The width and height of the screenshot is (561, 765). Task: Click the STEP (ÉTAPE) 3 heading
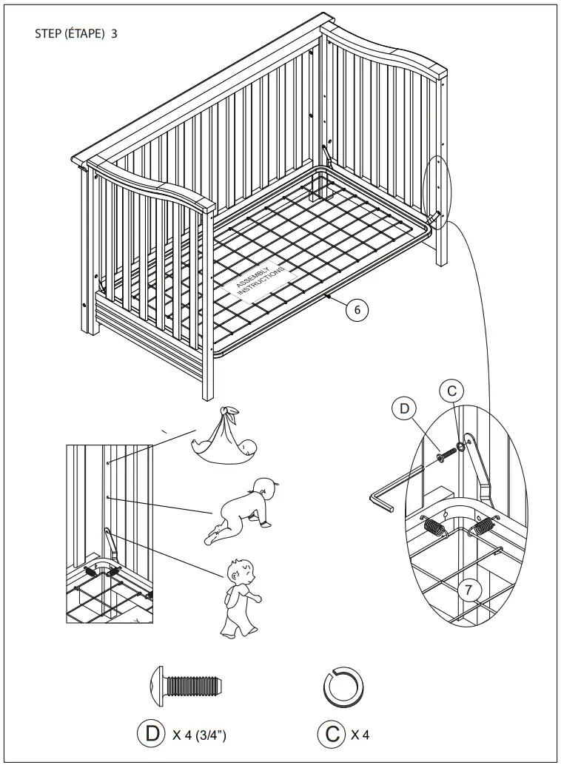tap(76, 34)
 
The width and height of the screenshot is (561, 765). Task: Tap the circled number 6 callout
tap(357, 311)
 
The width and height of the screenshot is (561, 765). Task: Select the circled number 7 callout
tap(468, 590)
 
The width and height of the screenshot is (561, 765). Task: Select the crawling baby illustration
tap(242, 511)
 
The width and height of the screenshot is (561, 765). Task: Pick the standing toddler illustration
tap(238, 597)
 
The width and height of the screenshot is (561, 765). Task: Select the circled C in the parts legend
tap(331, 734)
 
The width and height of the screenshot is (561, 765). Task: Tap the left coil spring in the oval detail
tap(434, 528)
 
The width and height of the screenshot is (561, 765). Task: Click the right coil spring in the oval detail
tap(485, 528)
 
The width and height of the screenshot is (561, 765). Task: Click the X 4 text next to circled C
tap(360, 735)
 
